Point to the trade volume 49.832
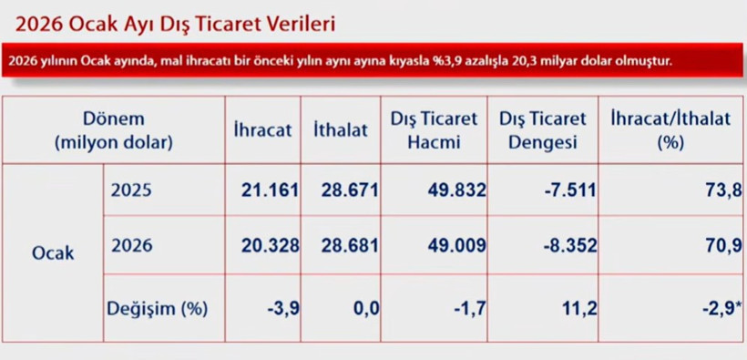455,190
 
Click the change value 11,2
579,308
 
